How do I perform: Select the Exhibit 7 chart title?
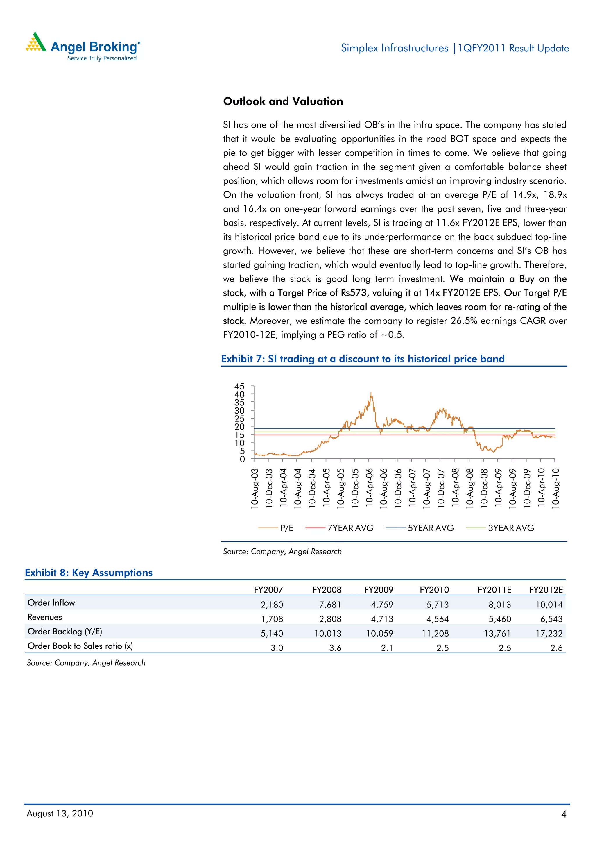click(363, 359)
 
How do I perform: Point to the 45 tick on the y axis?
click(239, 386)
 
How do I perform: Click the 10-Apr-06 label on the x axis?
click(369, 488)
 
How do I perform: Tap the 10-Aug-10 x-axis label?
click(555, 488)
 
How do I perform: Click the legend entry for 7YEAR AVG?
click(350, 528)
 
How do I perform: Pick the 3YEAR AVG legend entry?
click(511, 528)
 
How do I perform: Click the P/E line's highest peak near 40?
click(371, 393)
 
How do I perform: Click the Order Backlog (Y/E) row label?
click(65, 632)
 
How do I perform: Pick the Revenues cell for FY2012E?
click(551, 619)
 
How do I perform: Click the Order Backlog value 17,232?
click(549, 633)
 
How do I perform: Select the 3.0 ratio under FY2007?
click(277, 648)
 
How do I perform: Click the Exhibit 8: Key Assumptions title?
click(89, 573)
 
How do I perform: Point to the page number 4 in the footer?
click(563, 814)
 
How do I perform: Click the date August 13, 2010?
click(60, 814)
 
